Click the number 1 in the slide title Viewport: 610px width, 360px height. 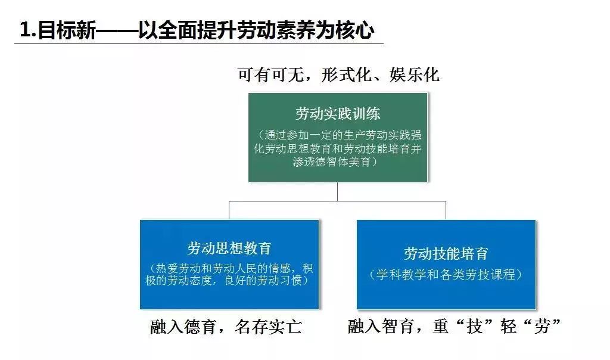point(25,30)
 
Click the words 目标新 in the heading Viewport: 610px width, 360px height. point(67,30)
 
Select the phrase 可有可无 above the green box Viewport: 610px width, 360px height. point(271,75)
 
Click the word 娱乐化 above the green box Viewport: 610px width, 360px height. point(415,75)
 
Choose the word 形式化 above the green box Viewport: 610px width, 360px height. point(346,75)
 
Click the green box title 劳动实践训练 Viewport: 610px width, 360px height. point(338,114)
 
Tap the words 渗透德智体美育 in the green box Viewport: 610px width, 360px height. point(332,162)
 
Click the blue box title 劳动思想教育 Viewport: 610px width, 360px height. point(229,249)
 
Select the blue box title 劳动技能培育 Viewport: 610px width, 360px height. point(446,254)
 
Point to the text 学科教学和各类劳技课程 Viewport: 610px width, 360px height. point(446,274)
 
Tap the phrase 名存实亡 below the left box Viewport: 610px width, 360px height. point(269,327)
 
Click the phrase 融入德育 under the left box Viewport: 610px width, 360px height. point(183,327)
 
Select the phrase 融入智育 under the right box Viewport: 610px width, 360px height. point(381,326)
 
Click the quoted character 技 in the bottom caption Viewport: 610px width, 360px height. point(475,326)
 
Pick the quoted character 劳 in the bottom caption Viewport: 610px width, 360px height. point(542,326)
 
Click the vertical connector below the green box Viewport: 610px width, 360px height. point(337,191)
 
